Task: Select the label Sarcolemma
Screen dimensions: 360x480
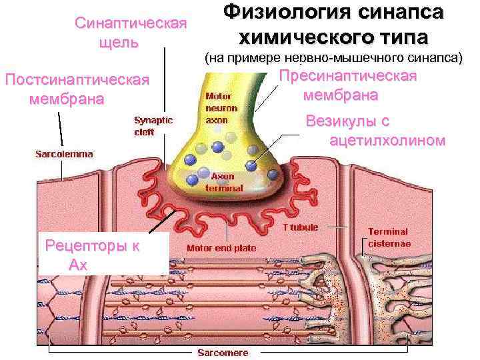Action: (64, 153)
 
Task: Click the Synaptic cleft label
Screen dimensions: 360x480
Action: (153, 126)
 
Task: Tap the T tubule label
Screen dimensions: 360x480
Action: (301, 227)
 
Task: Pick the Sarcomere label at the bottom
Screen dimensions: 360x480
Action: (217, 352)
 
